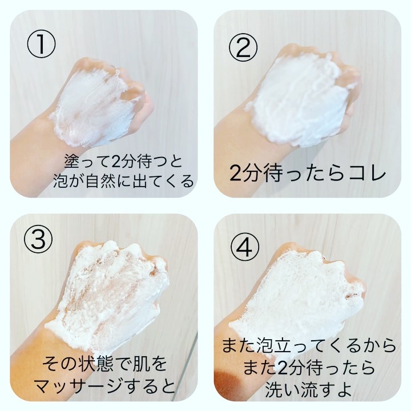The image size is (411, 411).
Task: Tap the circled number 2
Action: click(243, 48)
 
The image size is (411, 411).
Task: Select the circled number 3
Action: click(38, 239)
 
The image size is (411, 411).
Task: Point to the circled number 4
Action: click(245, 247)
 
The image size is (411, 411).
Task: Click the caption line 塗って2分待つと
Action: click(123, 161)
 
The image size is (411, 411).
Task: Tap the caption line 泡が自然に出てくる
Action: click(123, 181)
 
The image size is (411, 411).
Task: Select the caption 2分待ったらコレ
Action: click(308, 174)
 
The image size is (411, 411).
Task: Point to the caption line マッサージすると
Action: click(104, 385)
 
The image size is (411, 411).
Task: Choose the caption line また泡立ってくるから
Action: click(309, 345)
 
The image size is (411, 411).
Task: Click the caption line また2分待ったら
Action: click(309, 368)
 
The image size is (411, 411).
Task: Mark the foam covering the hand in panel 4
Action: click(296, 296)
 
